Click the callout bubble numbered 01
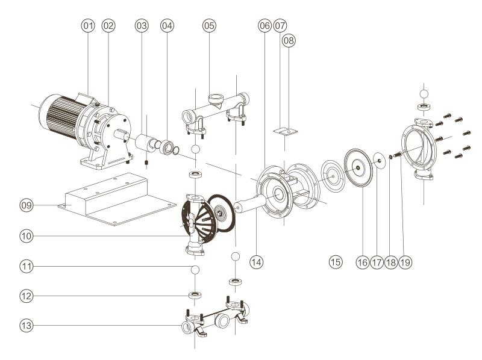[88, 26]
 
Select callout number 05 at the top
[209, 26]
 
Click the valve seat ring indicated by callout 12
[195, 296]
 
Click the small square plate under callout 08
[283, 131]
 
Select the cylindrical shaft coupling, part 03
[145, 144]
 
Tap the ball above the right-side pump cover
[424, 94]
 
